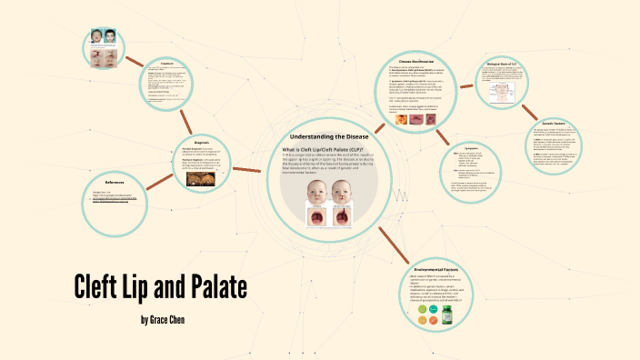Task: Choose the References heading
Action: [114, 183]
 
